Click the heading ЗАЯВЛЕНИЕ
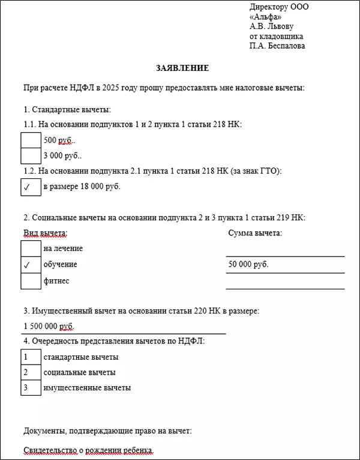pyautogui.click(x=182, y=68)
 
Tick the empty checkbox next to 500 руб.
pyautogui.click(x=31, y=140)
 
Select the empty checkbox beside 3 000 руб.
pyautogui.click(x=31, y=156)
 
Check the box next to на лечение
pyautogui.click(x=31, y=248)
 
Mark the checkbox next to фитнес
pyautogui.click(x=31, y=280)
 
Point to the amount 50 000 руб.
pyautogui.click(x=248, y=264)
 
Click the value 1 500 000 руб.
pyautogui.click(x=49, y=326)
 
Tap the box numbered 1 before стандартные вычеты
pyautogui.click(x=31, y=357)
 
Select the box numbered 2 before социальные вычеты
pyautogui.click(x=31, y=372)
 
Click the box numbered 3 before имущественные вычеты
pyautogui.click(x=31, y=388)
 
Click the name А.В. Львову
pyautogui.click(x=274, y=26)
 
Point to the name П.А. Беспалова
pyautogui.click(x=277, y=46)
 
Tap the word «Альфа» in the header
pyautogui.click(x=264, y=17)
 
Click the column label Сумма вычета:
pyautogui.click(x=255, y=233)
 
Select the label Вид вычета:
pyautogui.click(x=45, y=233)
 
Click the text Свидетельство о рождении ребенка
pyautogui.click(x=88, y=450)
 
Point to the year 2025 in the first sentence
pyautogui.click(x=112, y=88)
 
